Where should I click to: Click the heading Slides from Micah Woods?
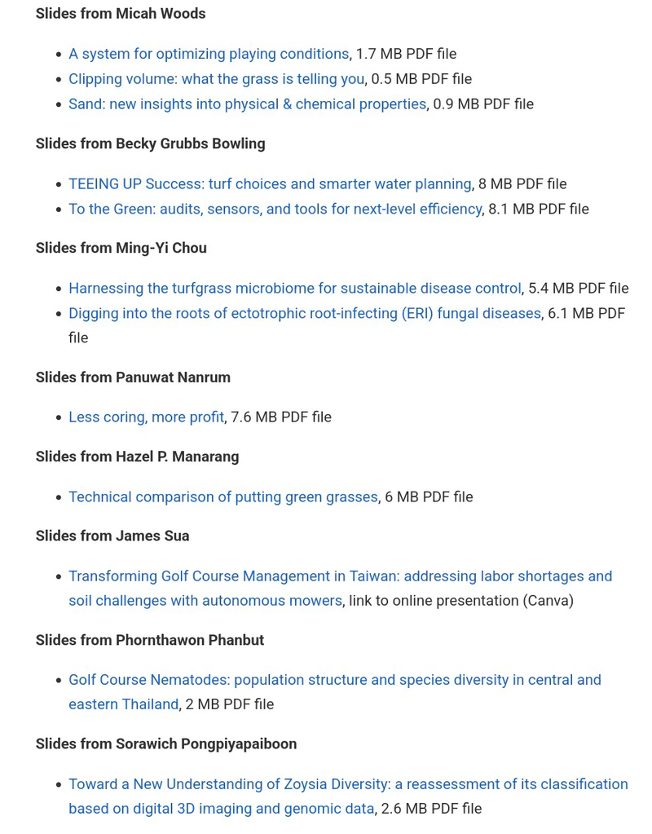point(121,14)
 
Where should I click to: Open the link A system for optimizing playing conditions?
point(209,54)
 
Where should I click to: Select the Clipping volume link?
point(216,79)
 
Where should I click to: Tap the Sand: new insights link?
point(247,104)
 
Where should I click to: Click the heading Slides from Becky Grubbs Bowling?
point(150,143)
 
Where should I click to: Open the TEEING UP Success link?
point(270,184)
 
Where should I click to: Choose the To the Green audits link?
point(275,210)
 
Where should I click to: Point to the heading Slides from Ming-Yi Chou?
point(121,248)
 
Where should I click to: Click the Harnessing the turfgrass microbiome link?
point(294,289)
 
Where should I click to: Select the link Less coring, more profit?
point(146,417)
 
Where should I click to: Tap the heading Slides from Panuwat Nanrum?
point(133,377)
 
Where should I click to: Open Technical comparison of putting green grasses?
point(222,497)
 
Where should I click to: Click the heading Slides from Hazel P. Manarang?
point(137,457)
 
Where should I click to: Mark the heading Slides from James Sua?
point(112,536)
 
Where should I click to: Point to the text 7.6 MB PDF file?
point(281,417)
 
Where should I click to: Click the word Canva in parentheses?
point(548,601)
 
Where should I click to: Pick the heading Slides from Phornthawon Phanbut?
point(149,641)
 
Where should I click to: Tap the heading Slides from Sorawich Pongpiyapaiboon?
point(165,744)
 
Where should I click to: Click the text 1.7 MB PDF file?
point(406,54)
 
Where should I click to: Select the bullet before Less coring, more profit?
point(58,418)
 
